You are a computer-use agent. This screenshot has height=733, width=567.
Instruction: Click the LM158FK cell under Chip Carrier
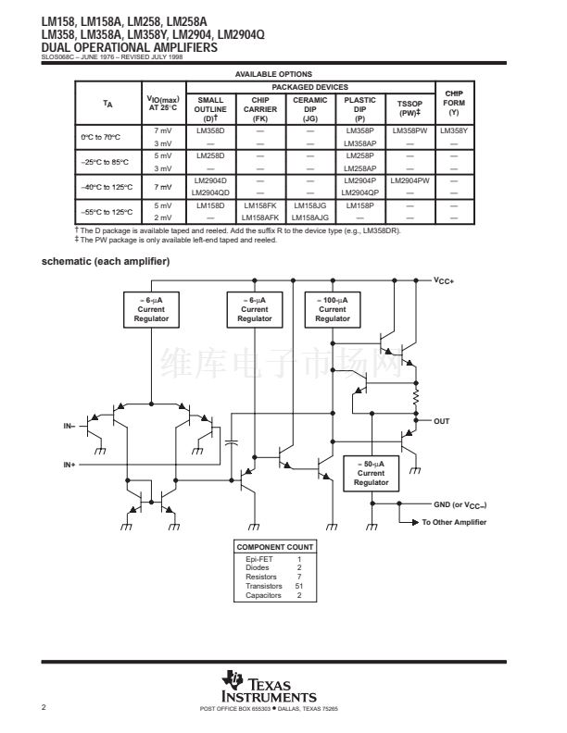pos(259,204)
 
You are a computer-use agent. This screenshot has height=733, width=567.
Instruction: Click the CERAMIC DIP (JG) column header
pos(309,108)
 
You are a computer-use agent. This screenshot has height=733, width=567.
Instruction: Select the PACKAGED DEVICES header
pos(311,87)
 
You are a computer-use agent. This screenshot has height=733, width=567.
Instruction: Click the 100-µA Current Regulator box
pos(333,309)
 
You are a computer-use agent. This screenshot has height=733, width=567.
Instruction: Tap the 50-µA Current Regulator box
pos(372,472)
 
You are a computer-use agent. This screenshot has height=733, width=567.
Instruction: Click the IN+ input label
pos(69,463)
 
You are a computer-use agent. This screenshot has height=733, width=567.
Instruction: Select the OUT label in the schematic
pos(442,421)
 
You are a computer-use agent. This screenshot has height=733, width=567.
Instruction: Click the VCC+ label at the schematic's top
pos(444,280)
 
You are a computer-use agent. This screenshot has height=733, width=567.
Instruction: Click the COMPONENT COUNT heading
pos(274,546)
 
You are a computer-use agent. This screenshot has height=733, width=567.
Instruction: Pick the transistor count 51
pos(299,587)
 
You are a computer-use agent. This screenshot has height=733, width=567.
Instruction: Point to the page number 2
pos(44,708)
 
